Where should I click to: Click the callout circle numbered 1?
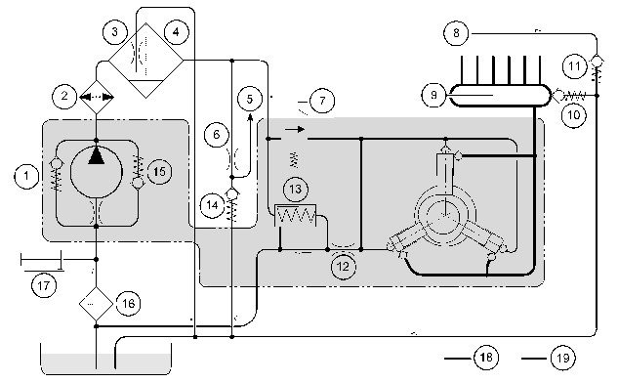[26, 176]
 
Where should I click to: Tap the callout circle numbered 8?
[456, 33]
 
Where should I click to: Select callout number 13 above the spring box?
[295, 190]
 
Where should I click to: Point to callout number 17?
[44, 285]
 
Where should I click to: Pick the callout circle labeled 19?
[562, 359]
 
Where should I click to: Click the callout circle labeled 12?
[344, 267]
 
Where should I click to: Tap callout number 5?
[250, 99]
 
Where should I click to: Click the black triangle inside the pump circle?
[97, 155]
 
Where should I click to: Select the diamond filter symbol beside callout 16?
[97, 303]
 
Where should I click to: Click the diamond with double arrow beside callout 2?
[97, 97]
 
